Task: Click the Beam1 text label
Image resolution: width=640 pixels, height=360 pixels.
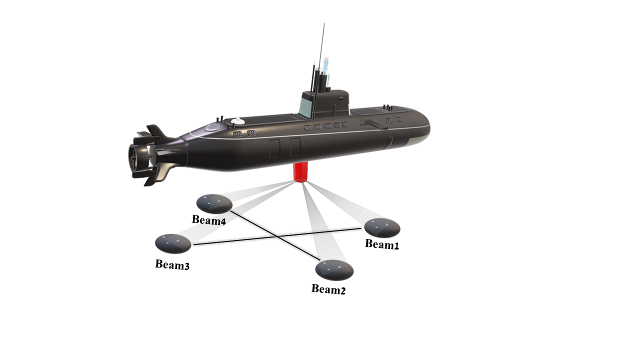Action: click(382, 244)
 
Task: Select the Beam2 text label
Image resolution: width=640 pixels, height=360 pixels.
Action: click(328, 289)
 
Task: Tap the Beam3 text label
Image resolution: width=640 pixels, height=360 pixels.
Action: click(172, 264)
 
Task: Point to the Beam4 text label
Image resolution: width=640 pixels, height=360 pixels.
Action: click(209, 220)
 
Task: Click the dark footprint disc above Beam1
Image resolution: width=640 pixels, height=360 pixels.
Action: click(382, 227)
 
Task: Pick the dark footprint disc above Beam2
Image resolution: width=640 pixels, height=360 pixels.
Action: click(334, 270)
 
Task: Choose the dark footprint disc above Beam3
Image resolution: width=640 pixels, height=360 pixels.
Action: click(173, 243)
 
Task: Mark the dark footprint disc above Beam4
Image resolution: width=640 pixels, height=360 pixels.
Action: click(214, 203)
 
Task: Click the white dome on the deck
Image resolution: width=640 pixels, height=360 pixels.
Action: click(238, 121)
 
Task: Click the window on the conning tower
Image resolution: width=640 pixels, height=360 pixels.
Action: click(306, 106)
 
